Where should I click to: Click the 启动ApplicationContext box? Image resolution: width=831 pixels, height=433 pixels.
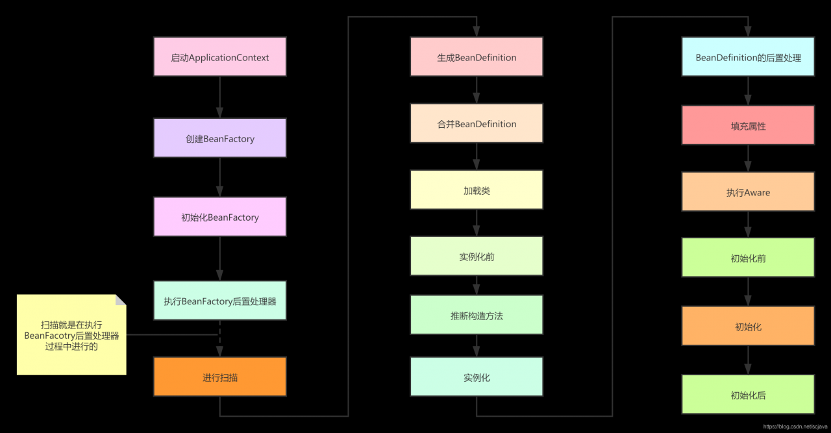pos(219,57)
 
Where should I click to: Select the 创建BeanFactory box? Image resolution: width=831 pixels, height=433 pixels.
pos(219,138)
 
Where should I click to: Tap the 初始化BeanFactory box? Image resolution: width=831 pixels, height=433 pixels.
pos(219,217)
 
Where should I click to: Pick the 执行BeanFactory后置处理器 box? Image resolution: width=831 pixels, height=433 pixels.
pos(219,301)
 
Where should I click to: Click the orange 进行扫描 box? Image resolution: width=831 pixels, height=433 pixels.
pos(219,377)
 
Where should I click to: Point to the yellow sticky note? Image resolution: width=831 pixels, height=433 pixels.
pos(71,335)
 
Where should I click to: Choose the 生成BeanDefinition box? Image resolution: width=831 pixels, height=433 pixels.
pos(477,57)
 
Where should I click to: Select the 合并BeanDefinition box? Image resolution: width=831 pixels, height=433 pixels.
pos(477,124)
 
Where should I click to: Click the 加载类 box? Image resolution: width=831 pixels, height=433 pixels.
pos(477,190)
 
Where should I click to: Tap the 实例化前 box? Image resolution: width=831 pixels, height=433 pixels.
pos(477,256)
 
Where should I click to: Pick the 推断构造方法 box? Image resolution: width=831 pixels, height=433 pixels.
pos(477,315)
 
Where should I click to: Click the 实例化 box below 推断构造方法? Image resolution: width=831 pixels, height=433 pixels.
pos(477,377)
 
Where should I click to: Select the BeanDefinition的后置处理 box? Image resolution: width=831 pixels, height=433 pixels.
pos(748,57)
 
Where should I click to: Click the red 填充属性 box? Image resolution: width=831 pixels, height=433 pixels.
pos(748,126)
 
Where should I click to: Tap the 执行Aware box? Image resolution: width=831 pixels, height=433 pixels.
pos(748,192)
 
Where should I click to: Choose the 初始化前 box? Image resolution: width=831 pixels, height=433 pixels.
pos(748,258)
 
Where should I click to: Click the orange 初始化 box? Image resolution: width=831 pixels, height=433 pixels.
pos(748,327)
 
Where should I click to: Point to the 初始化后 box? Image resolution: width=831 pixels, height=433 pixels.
pos(748,395)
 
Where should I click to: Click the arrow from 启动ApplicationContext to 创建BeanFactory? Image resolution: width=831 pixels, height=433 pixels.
pos(219,97)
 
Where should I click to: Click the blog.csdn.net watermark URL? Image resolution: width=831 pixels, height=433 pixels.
pos(795,427)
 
